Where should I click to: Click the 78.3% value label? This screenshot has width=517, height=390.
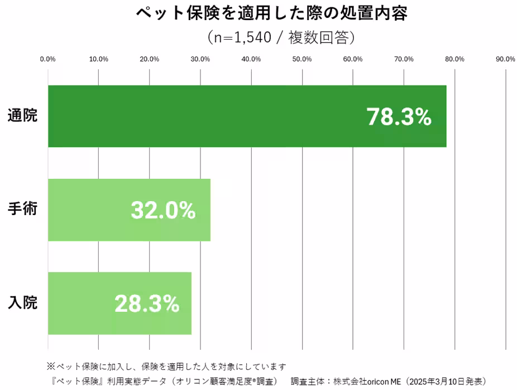coord(399,117)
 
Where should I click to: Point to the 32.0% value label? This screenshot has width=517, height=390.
coord(163,210)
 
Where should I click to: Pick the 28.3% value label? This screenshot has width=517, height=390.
coord(147,303)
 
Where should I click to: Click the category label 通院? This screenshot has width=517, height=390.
coord(22,116)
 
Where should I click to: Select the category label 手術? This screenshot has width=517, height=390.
coord(22,210)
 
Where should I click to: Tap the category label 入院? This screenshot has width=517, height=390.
coord(22,303)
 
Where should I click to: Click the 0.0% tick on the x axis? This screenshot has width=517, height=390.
coord(48,59)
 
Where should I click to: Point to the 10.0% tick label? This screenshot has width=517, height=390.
coord(99,59)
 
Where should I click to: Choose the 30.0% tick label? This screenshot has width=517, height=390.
coord(200,59)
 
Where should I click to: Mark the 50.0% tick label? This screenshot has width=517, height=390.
coord(302,59)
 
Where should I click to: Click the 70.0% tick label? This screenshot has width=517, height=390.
coord(404,59)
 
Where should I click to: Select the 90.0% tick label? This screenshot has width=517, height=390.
coord(505,59)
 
